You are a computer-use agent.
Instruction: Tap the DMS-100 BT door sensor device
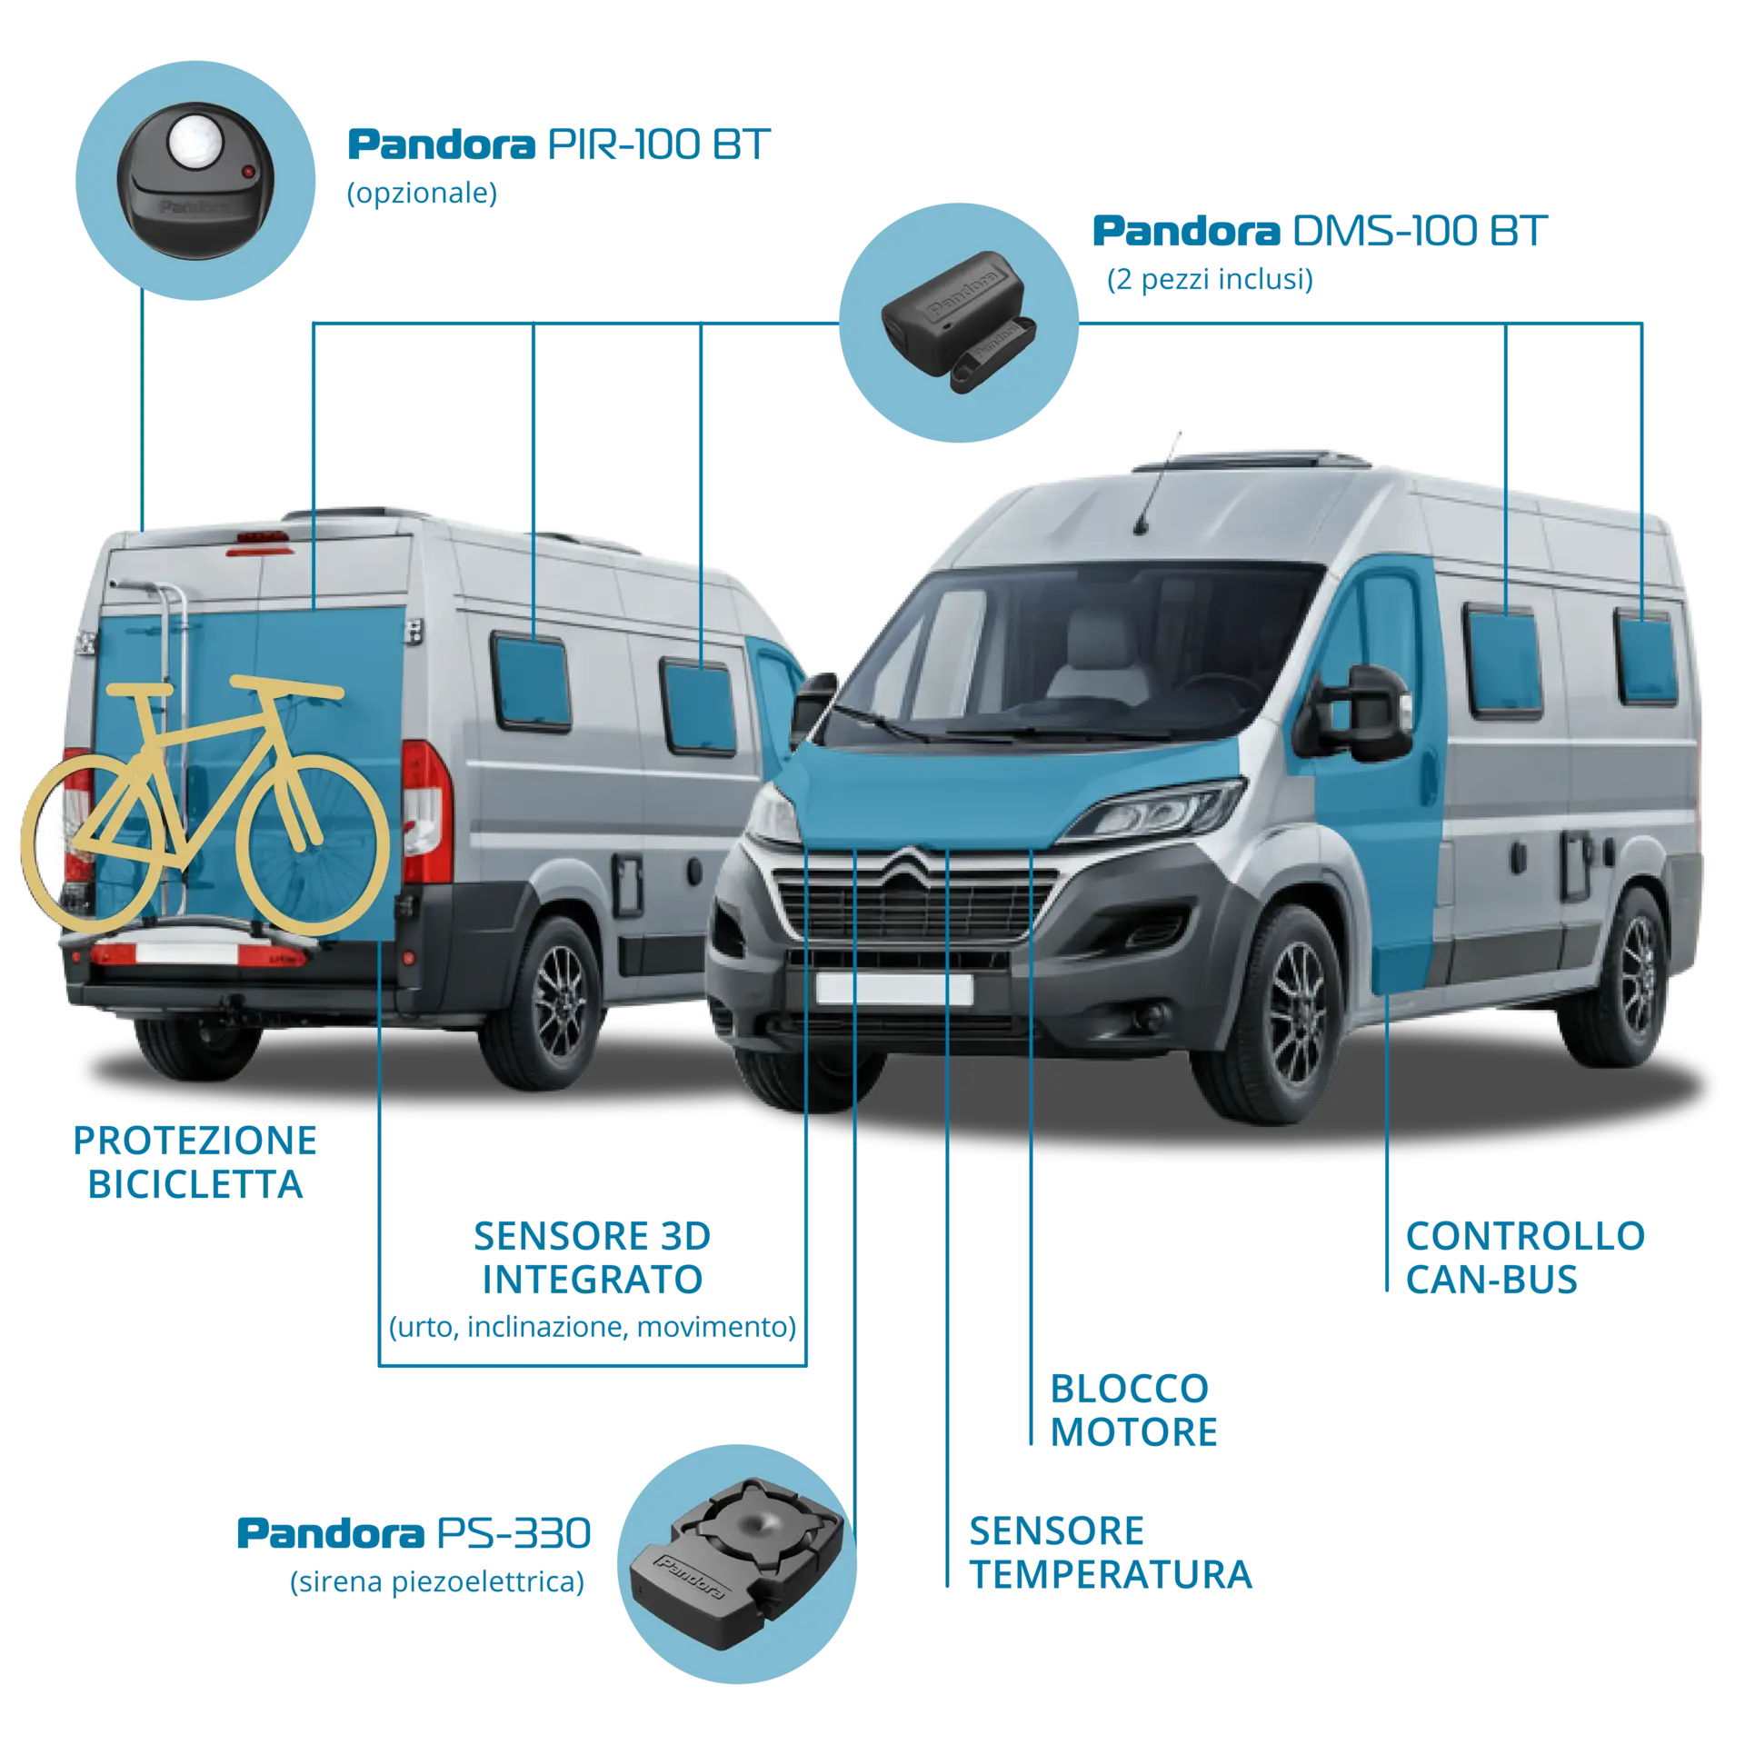[x=958, y=321]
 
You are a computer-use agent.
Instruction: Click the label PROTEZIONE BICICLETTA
[x=194, y=1162]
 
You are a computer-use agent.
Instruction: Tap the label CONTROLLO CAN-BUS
[x=1525, y=1257]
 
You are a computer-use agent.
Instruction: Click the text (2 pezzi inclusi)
[x=1210, y=279]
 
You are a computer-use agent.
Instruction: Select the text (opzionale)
[x=422, y=193]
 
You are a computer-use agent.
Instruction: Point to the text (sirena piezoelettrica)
[x=437, y=1581]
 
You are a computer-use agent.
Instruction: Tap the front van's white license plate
[x=894, y=988]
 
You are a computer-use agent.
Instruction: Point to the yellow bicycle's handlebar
[x=286, y=686]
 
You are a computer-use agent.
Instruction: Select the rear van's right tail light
[x=426, y=812]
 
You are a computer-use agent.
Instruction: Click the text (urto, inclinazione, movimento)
[x=593, y=1327]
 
